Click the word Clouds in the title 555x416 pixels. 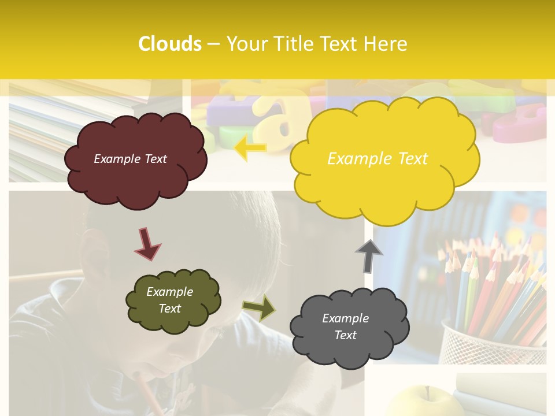170,44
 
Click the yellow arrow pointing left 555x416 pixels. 251,148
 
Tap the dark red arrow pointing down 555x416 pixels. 147,244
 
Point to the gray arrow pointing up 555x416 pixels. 369,256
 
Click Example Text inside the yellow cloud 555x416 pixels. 378,159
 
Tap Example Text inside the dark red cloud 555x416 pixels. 130,159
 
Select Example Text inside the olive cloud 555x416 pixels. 169,300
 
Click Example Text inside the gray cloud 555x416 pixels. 345,326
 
